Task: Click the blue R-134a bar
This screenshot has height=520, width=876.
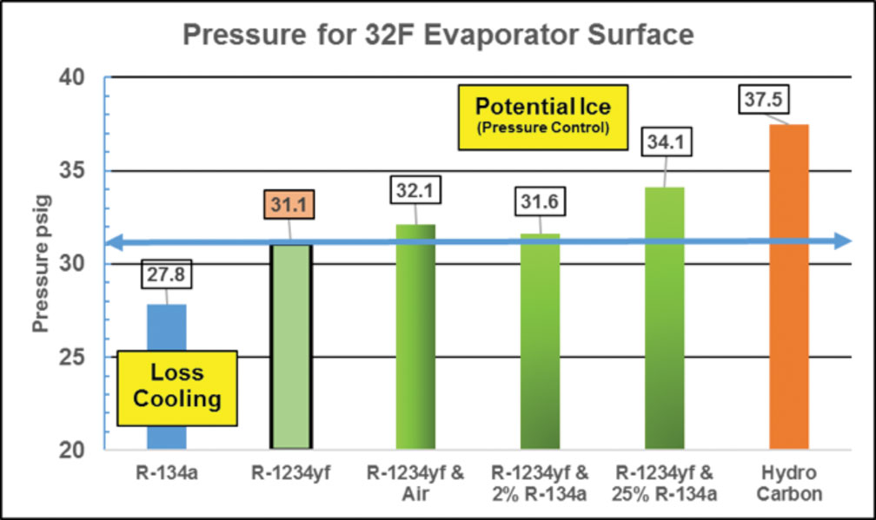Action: (x=167, y=330)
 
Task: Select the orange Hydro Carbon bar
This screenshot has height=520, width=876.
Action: (x=789, y=286)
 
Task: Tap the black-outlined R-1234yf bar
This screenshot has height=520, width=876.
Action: (x=291, y=347)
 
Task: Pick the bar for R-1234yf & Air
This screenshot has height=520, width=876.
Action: (x=415, y=339)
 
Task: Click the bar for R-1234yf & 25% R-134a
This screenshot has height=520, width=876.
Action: (x=664, y=321)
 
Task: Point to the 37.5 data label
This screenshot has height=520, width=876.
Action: (x=761, y=100)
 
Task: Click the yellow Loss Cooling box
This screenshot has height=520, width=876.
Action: (x=177, y=386)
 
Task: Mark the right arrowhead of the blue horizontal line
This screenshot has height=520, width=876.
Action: (x=839, y=241)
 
